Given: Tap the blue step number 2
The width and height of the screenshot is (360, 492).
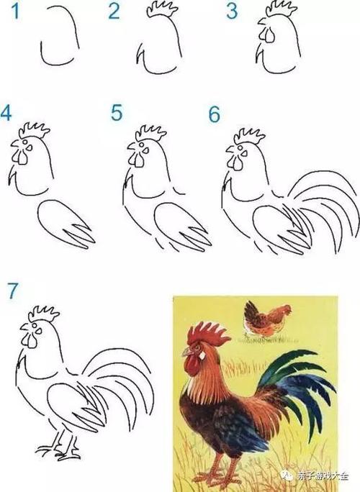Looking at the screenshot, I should (114, 11).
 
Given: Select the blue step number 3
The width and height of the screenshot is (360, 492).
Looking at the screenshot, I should (231, 11).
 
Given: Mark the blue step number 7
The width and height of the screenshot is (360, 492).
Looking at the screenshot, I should (11, 290).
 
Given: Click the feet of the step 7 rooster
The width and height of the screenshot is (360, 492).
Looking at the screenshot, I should (59, 452).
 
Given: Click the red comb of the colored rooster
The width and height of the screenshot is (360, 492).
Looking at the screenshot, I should (209, 333).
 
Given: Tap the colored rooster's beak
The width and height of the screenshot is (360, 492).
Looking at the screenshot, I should (186, 352).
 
